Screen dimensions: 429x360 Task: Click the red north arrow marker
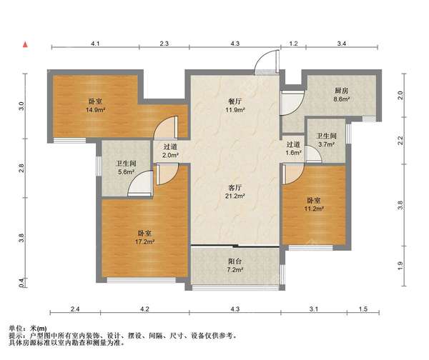click(x=26, y=44)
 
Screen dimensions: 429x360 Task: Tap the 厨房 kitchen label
click(x=341, y=91)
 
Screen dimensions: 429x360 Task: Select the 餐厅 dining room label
click(x=235, y=101)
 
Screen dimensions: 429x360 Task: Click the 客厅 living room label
click(x=235, y=188)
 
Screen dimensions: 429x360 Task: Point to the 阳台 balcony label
click(x=235, y=261)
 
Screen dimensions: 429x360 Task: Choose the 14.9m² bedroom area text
click(x=96, y=110)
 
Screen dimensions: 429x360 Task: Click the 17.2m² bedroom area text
click(x=144, y=242)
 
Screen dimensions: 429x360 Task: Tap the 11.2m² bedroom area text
click(x=314, y=209)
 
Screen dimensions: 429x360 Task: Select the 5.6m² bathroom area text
click(x=126, y=172)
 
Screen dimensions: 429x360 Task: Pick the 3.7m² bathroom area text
click(x=327, y=144)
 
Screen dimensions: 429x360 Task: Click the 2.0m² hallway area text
click(x=170, y=155)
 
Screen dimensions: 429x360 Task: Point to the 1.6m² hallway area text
click(x=293, y=153)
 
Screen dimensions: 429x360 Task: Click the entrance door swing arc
click(x=260, y=57)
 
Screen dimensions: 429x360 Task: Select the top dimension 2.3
click(x=164, y=43)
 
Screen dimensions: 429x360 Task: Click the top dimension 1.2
click(x=293, y=43)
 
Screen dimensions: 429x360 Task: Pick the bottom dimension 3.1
click(x=314, y=309)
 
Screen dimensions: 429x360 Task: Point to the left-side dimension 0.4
click(x=21, y=282)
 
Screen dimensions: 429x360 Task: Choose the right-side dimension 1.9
click(x=400, y=266)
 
